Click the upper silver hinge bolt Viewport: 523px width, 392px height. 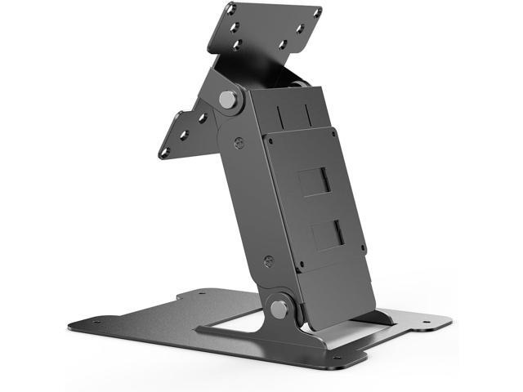(229, 100)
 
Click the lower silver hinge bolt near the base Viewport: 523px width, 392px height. (279, 309)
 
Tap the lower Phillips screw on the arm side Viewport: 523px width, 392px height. (269, 262)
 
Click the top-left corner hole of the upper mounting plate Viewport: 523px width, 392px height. (231, 9)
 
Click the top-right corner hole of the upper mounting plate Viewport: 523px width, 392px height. (317, 11)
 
